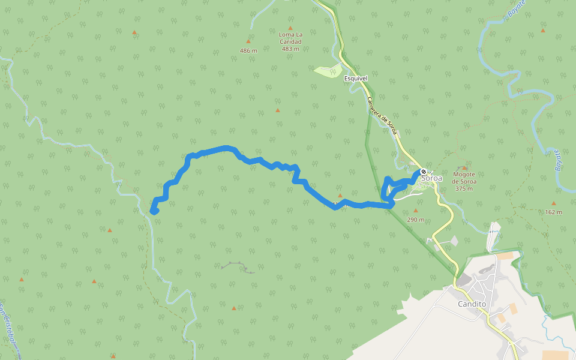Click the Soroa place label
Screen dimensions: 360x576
(432, 178)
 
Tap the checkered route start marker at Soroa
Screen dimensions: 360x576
(424, 172)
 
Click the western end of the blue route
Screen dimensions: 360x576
(154, 211)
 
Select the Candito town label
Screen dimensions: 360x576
(472, 304)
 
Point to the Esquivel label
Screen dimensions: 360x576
(355, 78)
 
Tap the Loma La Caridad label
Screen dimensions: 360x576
(290, 38)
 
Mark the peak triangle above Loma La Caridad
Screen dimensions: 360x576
(290, 28)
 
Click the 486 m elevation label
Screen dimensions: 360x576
(248, 50)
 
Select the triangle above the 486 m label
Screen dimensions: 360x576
(248, 41)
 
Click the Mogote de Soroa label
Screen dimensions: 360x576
(464, 178)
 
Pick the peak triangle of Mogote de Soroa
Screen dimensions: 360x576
(464, 167)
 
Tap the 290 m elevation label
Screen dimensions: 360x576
(415, 220)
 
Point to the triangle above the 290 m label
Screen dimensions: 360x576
(415, 211)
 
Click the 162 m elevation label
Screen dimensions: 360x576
(554, 212)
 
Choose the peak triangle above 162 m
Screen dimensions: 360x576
(554, 203)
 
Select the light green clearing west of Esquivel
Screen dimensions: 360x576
(327, 71)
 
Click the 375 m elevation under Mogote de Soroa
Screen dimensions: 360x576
(464, 188)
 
